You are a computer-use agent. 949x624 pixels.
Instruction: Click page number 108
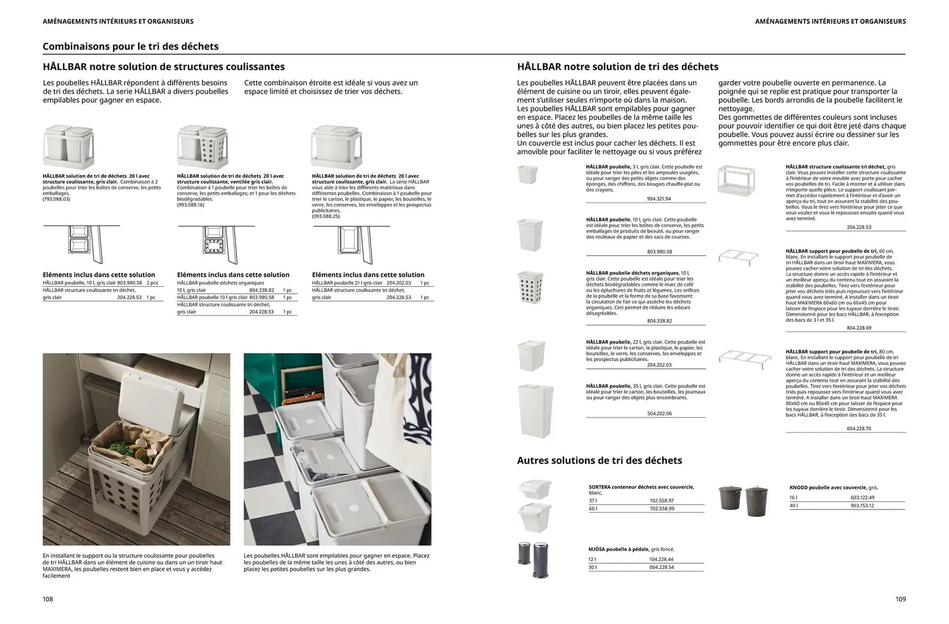click(47, 599)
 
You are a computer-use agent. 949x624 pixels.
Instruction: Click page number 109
click(900, 599)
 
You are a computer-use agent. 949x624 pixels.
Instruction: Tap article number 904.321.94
click(659, 199)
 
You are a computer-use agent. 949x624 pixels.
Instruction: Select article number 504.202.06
click(659, 413)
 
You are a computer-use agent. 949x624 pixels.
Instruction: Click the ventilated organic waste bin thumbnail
click(530, 287)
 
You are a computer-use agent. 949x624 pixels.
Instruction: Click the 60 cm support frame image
click(738, 257)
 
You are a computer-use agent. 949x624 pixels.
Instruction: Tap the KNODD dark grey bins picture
click(743, 500)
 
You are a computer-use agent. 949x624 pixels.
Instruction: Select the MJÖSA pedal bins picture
click(533, 560)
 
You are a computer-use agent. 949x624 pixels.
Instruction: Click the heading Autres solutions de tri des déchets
click(599, 460)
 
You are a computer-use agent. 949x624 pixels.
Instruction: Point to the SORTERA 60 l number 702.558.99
click(661, 508)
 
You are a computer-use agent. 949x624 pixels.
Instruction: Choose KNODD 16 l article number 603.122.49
click(862, 497)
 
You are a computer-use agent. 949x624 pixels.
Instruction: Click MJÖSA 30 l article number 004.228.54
click(661, 567)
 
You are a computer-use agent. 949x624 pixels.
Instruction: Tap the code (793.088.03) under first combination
click(56, 199)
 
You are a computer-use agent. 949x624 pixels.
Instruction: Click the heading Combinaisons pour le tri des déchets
click(130, 46)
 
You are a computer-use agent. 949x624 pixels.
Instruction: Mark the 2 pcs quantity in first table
click(152, 283)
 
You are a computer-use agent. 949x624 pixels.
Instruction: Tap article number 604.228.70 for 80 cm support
click(859, 428)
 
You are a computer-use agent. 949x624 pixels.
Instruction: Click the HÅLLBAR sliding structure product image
click(736, 181)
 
